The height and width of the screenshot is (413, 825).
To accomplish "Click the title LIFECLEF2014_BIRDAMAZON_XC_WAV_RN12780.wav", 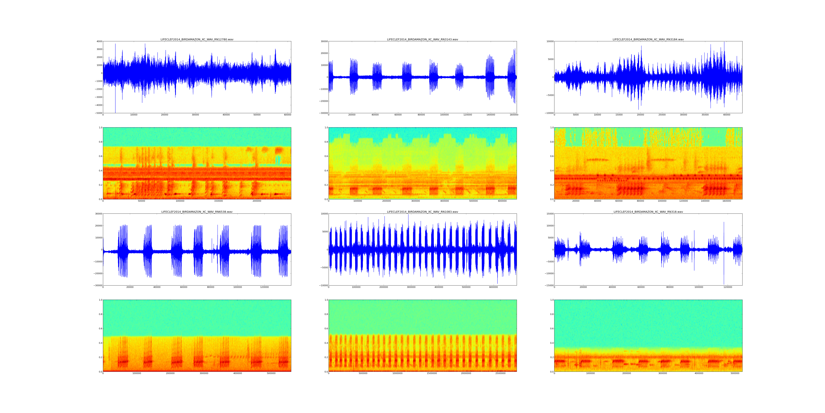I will pos(197,39).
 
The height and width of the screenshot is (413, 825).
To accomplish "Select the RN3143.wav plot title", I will pos(422,39).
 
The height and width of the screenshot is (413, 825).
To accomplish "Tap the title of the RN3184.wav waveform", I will pos(648,39).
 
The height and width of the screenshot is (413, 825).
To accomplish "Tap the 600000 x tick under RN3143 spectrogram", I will pos(503,201).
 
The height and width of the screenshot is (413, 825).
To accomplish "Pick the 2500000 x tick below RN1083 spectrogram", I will pos(500,373).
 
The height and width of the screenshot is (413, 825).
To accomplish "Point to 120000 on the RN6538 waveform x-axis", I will pos(265,287).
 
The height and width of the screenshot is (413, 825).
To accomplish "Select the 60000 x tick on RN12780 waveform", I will pos(288,115).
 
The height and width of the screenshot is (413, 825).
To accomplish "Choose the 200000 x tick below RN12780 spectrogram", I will pos(257,201).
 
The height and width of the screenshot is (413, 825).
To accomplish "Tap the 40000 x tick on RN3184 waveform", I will pos(727,115).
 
